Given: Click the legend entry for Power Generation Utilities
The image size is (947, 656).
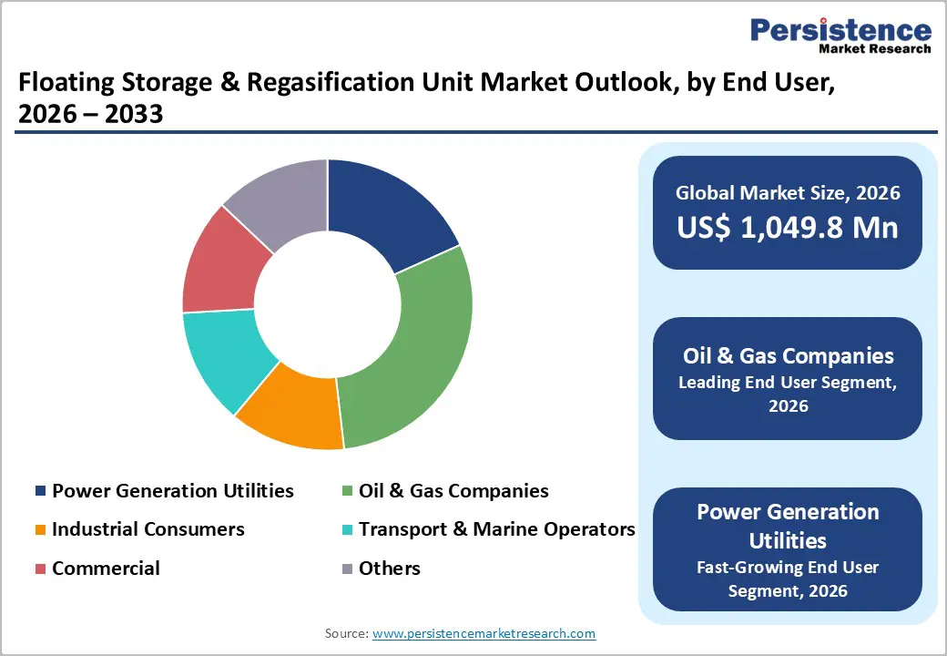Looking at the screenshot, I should pyautogui.click(x=172, y=491).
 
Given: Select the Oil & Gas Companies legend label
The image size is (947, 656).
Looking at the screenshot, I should pyautogui.click(x=453, y=491).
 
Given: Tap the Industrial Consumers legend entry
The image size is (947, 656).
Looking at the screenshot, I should pyautogui.click(x=148, y=529).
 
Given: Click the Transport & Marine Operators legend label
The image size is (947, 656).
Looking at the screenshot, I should pyautogui.click(x=496, y=529).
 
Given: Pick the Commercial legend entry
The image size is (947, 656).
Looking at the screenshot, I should pyautogui.click(x=105, y=569).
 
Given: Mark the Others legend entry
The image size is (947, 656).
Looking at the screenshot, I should pyautogui.click(x=389, y=569).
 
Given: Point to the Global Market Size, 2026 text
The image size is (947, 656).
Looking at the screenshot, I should pyautogui.click(x=788, y=192).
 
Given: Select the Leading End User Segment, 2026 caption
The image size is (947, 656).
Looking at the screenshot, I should pyautogui.click(x=788, y=394).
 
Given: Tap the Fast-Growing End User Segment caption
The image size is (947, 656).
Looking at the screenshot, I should pyautogui.click(x=788, y=579).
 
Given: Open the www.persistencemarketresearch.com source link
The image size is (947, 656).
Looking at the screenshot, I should pyautogui.click(x=484, y=633).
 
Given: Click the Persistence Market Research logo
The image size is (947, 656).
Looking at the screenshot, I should pyautogui.click(x=840, y=36).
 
